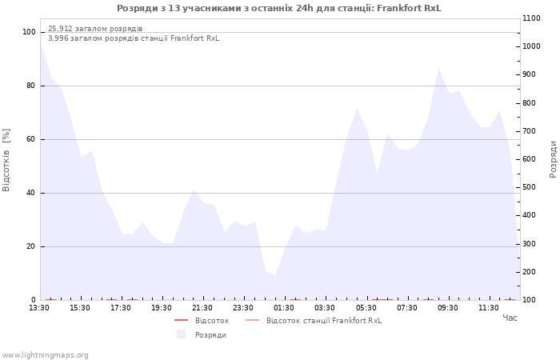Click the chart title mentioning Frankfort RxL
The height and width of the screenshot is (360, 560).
279,8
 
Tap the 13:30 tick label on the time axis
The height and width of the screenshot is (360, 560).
39,308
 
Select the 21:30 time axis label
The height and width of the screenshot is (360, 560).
202,308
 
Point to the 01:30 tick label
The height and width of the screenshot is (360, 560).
284,308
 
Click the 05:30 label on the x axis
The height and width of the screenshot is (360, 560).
366,308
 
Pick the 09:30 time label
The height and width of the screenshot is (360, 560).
448,308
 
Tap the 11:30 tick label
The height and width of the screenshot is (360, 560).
489,308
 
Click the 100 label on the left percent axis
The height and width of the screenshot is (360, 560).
29,32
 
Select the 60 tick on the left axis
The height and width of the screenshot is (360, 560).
30,139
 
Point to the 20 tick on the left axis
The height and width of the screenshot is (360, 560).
30,246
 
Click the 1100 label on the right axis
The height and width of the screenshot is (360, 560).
531,18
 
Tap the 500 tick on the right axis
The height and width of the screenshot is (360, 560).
530,187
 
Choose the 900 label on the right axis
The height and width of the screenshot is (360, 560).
530,74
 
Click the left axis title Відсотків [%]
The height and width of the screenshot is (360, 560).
6,160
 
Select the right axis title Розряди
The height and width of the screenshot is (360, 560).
553,159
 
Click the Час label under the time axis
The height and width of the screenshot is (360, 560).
510,318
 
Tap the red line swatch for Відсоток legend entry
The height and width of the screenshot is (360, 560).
181,320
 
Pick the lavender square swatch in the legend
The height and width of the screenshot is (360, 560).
181,334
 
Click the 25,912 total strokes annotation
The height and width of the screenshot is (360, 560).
95,29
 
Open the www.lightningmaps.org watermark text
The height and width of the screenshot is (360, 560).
45,355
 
